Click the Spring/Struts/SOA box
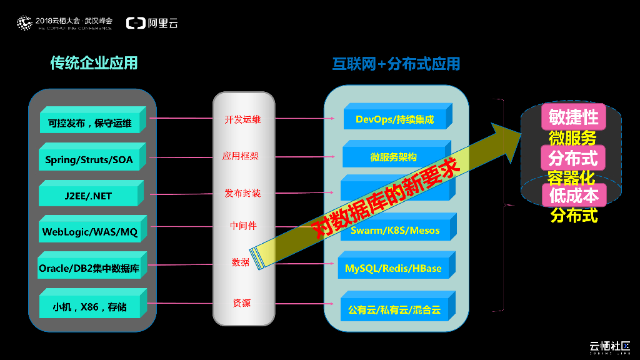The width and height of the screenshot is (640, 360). coord(89,159)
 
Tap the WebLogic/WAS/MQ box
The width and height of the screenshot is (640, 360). coord(89,232)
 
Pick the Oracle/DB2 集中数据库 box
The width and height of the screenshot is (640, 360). coord(89,269)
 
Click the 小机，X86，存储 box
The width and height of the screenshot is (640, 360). coord(89,307)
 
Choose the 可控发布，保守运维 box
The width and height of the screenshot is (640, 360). coord(89,123)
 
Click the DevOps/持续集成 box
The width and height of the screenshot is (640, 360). coord(394,119)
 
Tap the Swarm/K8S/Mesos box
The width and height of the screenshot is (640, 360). coord(394,230)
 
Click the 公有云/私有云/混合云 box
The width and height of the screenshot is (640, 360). coord(394,309)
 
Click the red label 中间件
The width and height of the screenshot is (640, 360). coord(243,226)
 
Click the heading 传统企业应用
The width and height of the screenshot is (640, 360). coord(94,63)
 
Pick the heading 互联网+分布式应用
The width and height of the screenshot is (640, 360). coord(396,64)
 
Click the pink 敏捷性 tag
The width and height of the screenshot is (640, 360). coord(574,117)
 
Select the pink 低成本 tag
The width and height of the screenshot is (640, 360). coord(574,196)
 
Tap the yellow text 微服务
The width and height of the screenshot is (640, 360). coord(572,137)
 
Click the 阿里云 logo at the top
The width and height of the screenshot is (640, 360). coord(152,23)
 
